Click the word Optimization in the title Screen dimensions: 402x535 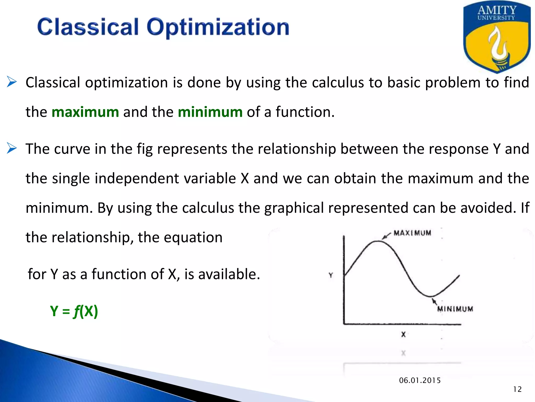point(218,27)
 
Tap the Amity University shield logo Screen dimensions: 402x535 point(497,37)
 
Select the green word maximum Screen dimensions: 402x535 point(85,112)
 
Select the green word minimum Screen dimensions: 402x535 point(210,112)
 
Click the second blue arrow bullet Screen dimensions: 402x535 point(12,148)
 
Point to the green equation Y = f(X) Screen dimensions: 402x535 point(74,311)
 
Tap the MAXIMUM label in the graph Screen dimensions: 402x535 point(412,233)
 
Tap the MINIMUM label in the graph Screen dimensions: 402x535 point(455,309)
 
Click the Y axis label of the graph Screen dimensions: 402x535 point(331,275)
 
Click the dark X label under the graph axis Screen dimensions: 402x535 point(403,334)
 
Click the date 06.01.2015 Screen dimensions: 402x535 point(420,380)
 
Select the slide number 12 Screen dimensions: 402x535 point(517,389)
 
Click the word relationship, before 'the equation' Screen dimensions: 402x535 point(92,237)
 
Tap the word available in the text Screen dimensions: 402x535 point(229,274)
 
